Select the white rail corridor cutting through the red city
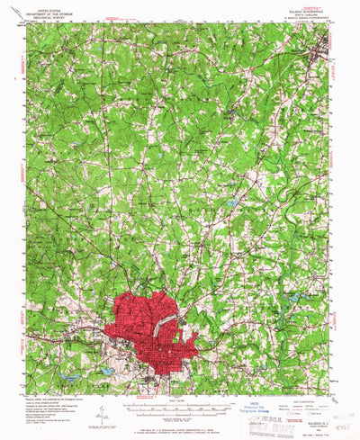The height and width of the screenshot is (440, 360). pyautogui.click(x=166, y=324)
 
